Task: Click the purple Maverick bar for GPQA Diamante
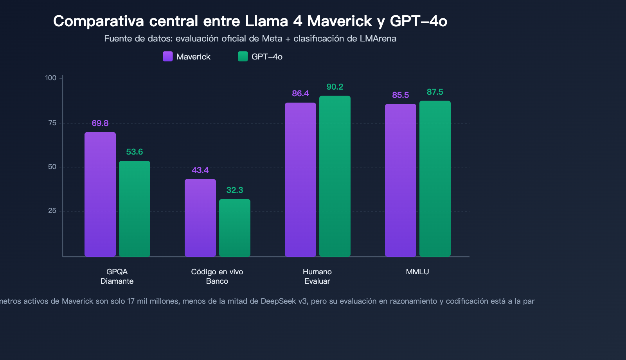100,194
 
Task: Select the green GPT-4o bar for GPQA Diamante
135,209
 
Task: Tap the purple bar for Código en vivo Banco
200,218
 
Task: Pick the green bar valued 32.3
235,228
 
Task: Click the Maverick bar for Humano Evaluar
300,180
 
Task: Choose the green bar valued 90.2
335,176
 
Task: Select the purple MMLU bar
401,180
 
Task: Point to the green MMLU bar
435,179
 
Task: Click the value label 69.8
100,123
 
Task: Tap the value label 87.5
435,92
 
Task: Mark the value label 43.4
200,170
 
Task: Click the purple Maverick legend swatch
168,56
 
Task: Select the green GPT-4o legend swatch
243,56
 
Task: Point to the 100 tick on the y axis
51,78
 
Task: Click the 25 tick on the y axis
52,211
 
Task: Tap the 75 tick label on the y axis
52,123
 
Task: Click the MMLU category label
417,272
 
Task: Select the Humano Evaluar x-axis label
317,276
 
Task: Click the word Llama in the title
266,21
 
